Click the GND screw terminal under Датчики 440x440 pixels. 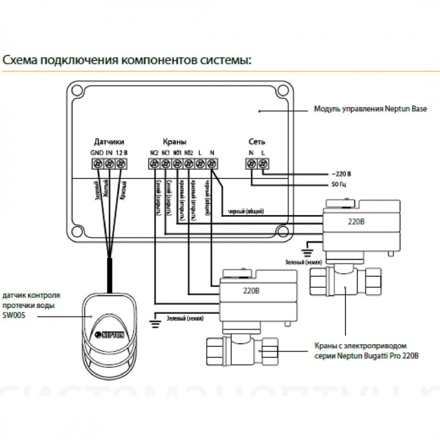pyautogui.click(x=97, y=163)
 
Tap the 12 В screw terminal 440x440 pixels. pyautogui.click(x=122, y=163)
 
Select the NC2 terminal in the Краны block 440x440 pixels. pyautogui.click(x=153, y=163)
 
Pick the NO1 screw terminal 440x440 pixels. pyautogui.click(x=177, y=163)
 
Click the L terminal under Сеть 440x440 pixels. pyautogui.click(x=263, y=163)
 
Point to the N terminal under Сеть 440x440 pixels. pyautogui.click(x=251, y=163)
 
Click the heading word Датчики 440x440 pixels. pyautogui.click(x=109, y=141)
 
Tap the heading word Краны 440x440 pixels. pyautogui.click(x=175, y=141)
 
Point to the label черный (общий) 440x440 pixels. pyautogui.click(x=245, y=211)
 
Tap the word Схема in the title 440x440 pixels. pyautogui.click(x=19, y=59)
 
